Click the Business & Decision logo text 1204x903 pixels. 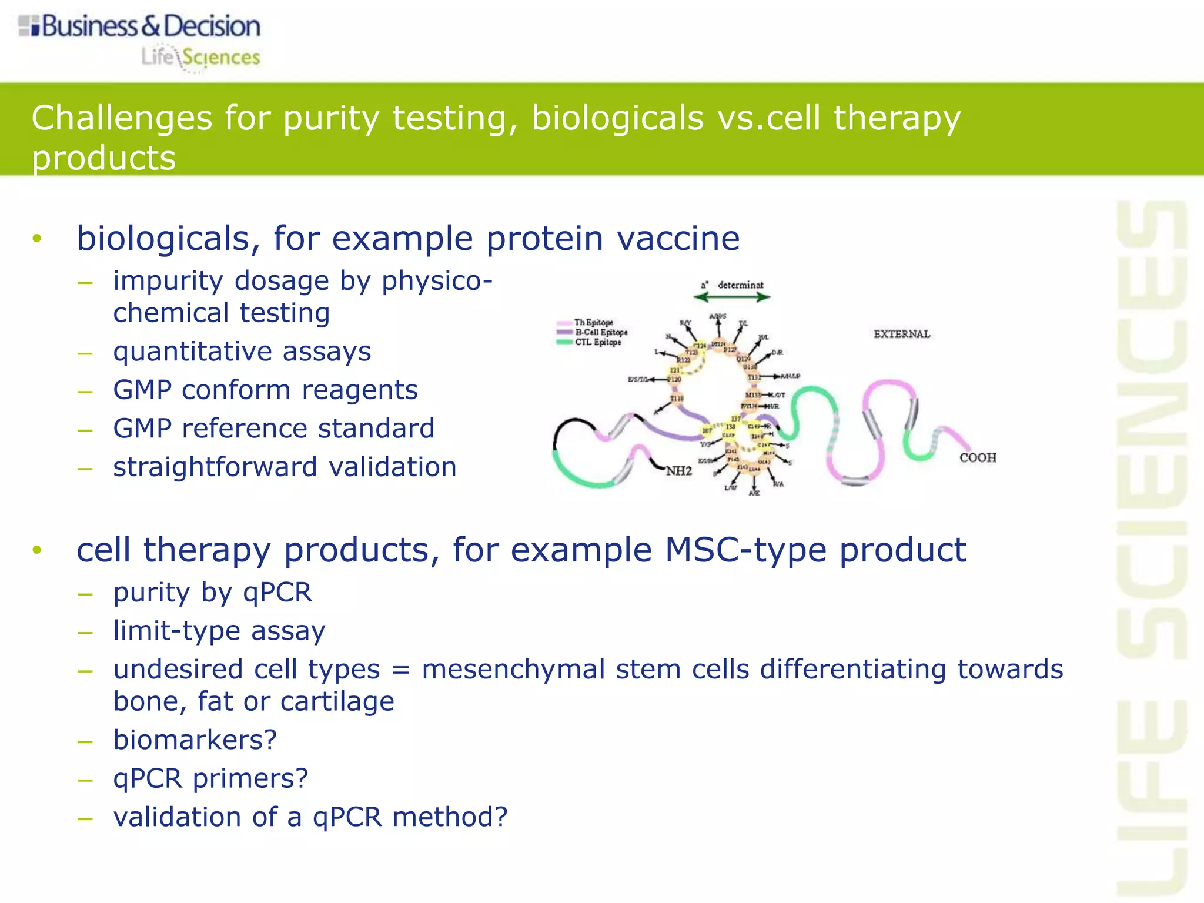(x=150, y=26)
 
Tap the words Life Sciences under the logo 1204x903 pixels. (x=200, y=58)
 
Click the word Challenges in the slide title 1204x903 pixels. (x=122, y=118)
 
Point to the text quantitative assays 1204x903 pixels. (x=242, y=352)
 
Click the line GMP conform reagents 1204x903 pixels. (x=265, y=390)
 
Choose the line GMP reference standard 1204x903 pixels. (x=273, y=429)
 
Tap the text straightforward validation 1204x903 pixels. (x=285, y=467)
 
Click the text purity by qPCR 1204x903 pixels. (x=212, y=592)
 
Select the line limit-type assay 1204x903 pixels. (x=219, y=631)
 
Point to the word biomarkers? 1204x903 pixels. (x=195, y=740)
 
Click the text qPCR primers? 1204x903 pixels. (x=210, y=778)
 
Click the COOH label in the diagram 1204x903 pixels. (x=977, y=457)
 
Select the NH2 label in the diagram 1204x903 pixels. (x=678, y=471)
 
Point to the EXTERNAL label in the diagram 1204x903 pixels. (x=901, y=334)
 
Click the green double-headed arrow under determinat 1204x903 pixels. (x=731, y=297)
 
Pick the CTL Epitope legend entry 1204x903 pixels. (x=597, y=342)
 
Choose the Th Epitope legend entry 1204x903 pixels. (x=593, y=322)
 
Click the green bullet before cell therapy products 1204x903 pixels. (x=37, y=550)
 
